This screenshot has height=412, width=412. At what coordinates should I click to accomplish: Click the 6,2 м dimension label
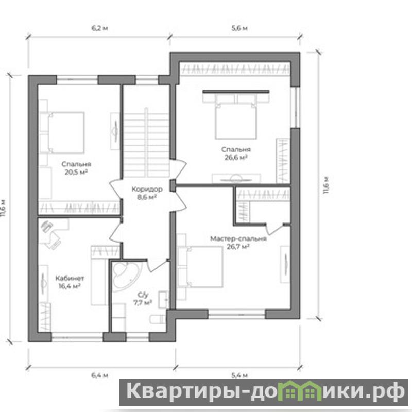click(x=99, y=28)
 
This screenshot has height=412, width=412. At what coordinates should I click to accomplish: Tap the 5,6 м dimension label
click(x=239, y=28)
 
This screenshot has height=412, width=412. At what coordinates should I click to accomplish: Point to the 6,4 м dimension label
click(x=99, y=375)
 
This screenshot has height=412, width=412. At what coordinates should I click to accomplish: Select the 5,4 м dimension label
click(x=239, y=375)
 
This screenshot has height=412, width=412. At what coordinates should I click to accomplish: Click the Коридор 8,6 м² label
click(x=147, y=193)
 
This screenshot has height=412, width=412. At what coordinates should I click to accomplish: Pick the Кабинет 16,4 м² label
click(x=70, y=282)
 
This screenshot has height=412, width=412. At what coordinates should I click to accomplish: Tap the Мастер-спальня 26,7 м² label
click(x=238, y=243)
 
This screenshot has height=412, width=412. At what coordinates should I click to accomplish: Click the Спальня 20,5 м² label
click(x=76, y=168)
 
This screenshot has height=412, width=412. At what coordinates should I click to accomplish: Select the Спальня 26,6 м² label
click(x=236, y=153)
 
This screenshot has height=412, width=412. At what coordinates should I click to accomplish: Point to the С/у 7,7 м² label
click(x=143, y=299)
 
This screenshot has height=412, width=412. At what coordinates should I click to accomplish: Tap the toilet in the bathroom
click(x=158, y=319)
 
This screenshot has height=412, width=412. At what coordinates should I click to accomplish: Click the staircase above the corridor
click(x=146, y=143)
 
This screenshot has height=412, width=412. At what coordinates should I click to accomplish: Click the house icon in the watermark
click(x=300, y=391)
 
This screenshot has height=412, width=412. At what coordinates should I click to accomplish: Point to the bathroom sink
click(x=163, y=300)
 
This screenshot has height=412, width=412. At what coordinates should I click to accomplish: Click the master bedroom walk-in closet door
click(x=274, y=229)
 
